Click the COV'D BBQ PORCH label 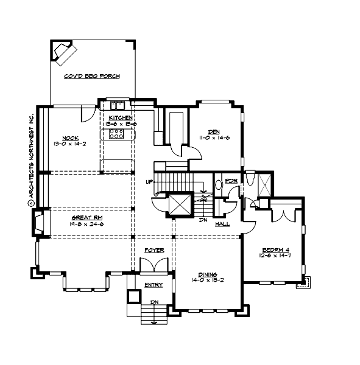91,77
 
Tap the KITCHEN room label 121,117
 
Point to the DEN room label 214,131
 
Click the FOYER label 154,251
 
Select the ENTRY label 154,285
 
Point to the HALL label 222,224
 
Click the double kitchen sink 116,103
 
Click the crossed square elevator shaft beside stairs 180,204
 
